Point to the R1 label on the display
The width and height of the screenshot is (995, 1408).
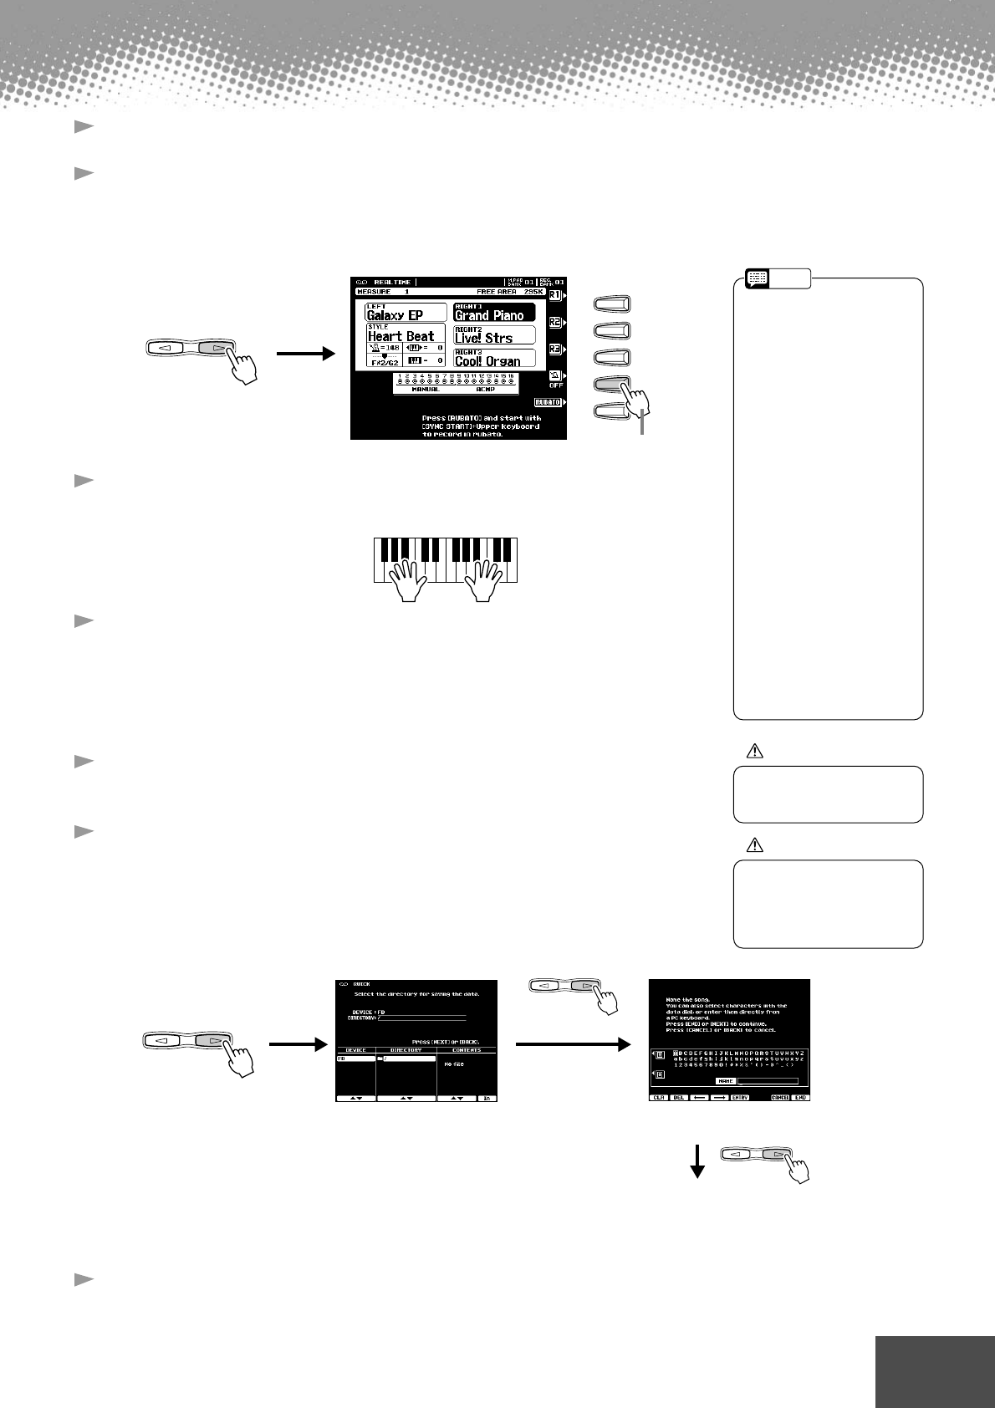tap(554, 295)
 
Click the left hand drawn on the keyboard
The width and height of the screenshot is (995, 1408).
tap(410, 578)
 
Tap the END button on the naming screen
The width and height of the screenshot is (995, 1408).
tap(801, 1098)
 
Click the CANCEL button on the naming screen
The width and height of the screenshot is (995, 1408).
tap(780, 1098)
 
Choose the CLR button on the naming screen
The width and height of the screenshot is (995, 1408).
tap(658, 1098)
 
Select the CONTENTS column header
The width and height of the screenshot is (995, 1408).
tap(467, 1050)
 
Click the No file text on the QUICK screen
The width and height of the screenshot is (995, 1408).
tap(454, 1064)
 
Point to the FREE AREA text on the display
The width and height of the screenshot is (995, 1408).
tap(495, 292)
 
